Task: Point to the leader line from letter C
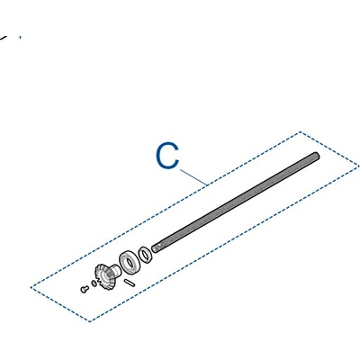(193, 176)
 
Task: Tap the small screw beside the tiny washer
(85, 289)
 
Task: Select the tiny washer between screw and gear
(94, 283)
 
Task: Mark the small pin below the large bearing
(130, 282)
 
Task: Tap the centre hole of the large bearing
(129, 262)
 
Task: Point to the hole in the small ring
(146, 255)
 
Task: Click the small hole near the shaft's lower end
(159, 246)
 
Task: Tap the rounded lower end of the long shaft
(154, 248)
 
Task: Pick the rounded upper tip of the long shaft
(317, 155)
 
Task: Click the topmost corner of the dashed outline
(300, 131)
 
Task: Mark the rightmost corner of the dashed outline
(358, 166)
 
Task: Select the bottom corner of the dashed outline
(90, 321)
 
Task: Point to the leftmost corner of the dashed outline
(31, 287)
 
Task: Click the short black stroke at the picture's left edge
(3, 38)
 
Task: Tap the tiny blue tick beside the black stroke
(20, 38)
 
